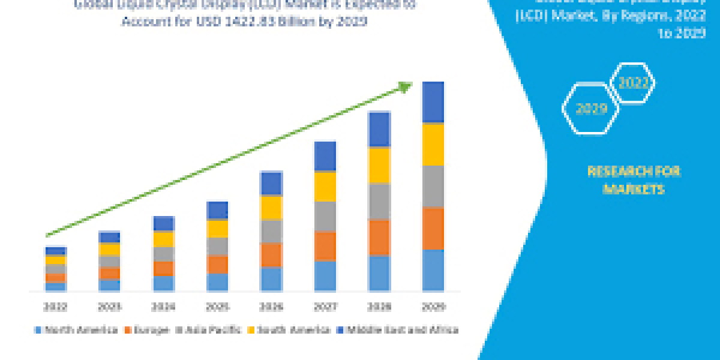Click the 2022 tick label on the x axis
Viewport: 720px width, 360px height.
[x=55, y=307]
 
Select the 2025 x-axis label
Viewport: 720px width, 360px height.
[x=217, y=307]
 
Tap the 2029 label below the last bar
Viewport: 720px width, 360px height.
[x=433, y=307]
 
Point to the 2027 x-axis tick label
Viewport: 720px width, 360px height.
[x=325, y=307]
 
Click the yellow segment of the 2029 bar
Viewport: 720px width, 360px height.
[x=433, y=145]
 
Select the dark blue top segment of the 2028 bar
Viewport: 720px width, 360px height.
[x=379, y=129]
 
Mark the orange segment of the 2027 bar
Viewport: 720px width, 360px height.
[x=325, y=246]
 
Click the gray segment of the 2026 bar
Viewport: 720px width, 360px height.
[x=271, y=231]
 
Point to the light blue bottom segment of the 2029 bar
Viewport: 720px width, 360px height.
[x=433, y=270]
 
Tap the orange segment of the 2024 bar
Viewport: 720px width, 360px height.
[x=163, y=268]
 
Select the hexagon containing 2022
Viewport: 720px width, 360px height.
[x=632, y=84]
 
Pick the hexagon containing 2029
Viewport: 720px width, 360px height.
[x=590, y=109]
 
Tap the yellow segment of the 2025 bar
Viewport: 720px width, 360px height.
[x=217, y=229]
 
